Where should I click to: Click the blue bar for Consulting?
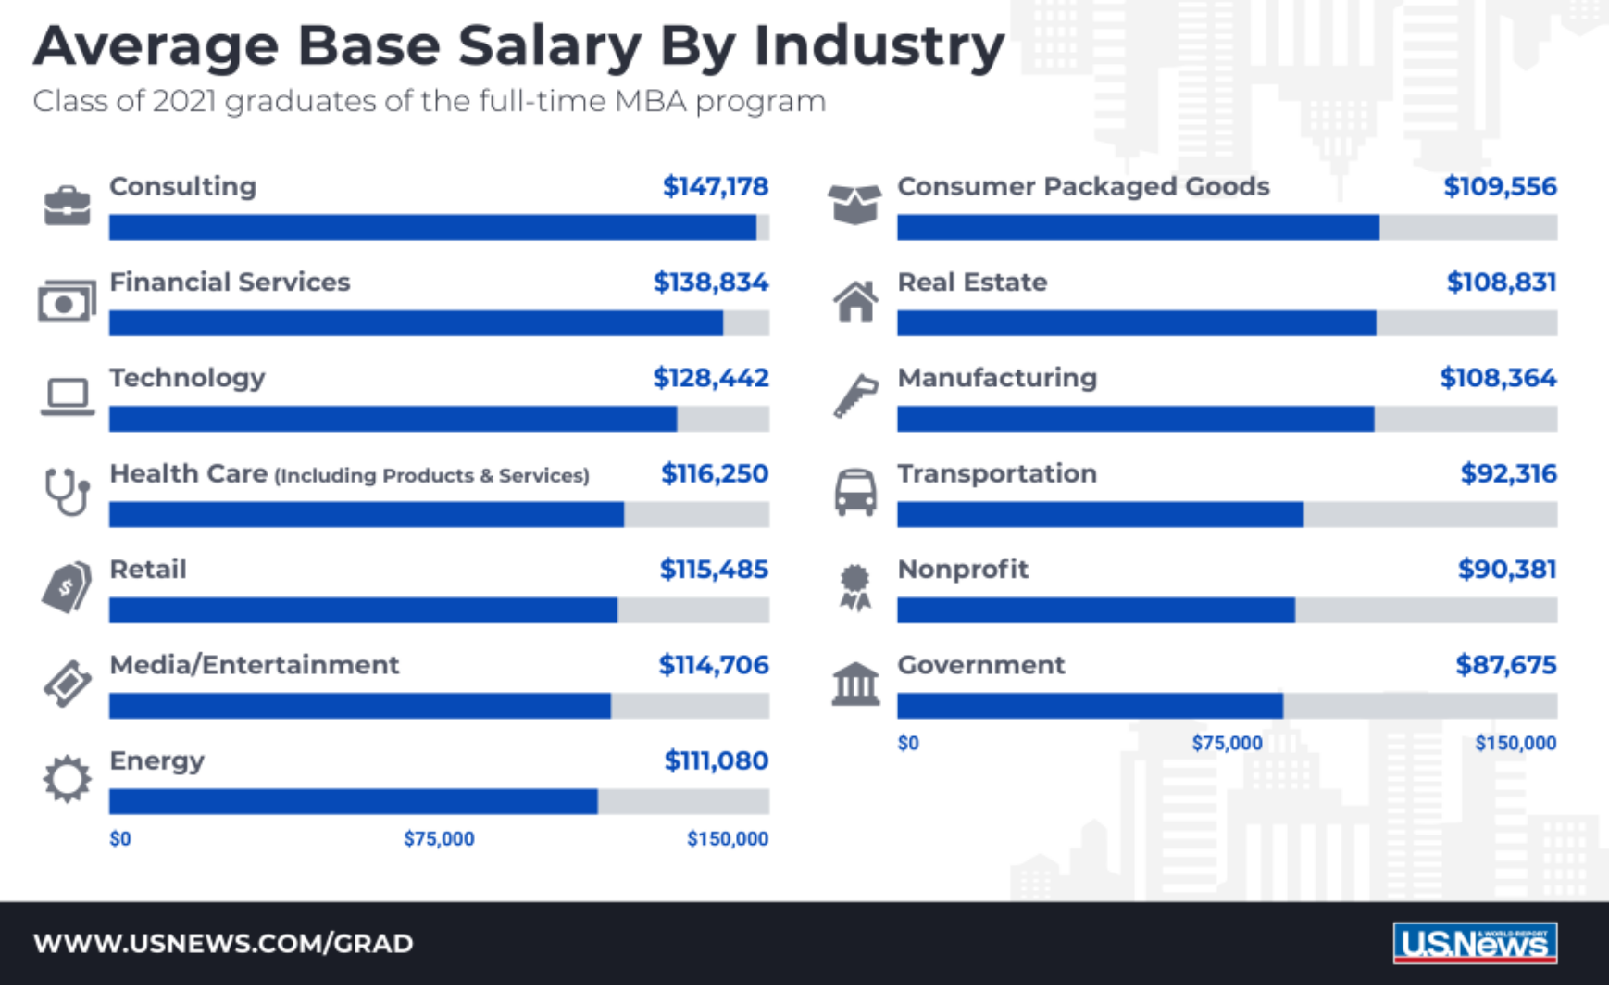[432, 228]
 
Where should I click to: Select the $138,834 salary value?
[711, 283]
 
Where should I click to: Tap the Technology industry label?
[187, 378]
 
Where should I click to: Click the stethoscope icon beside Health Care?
[67, 491]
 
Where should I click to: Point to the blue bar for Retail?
[363, 610]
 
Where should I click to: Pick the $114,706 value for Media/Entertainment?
[713, 665]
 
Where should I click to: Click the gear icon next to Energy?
[67, 779]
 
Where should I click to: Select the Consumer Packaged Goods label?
[1083, 186]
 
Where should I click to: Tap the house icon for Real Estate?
[855, 302]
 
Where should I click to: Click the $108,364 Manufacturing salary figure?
[1498, 378]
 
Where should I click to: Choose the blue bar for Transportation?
[1100, 515]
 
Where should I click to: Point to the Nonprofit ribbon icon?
[854, 587]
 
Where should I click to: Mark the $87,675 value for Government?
[1505, 665]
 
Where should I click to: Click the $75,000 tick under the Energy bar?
[439, 839]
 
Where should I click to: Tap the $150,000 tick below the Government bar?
[1515, 743]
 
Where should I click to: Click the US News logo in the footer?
[1475, 943]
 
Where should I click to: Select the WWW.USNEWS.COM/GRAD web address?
[223, 944]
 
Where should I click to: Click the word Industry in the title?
[879, 46]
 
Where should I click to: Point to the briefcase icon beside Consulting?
[67, 205]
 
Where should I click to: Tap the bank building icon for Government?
[855, 684]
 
